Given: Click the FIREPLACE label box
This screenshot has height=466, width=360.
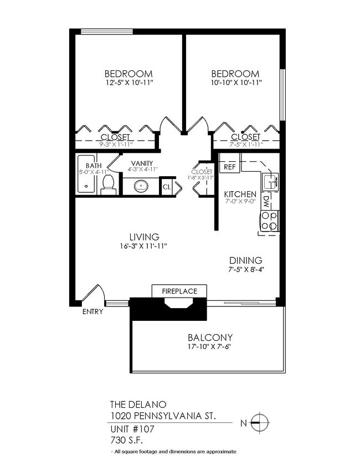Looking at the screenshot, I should pos(179,291).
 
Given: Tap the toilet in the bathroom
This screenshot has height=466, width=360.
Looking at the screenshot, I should pos(109,185).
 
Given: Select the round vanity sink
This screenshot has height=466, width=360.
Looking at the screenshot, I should pos(141,186).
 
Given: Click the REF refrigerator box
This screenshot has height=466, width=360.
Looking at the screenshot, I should pos(228,166).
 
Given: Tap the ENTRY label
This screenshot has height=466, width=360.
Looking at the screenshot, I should pos(92,312).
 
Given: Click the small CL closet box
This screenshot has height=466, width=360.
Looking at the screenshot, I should pos(167,187).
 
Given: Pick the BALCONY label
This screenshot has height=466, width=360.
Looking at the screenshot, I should pos(209,337).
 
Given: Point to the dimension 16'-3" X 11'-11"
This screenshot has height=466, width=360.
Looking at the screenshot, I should pos(143,245).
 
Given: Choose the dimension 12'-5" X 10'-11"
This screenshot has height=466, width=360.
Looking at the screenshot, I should pos(129,83).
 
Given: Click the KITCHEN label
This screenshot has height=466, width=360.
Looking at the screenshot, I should pos(240,194).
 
